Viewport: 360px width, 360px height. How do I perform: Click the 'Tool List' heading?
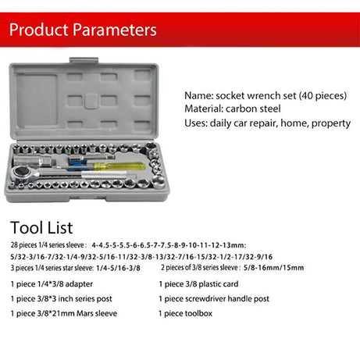click(41, 228)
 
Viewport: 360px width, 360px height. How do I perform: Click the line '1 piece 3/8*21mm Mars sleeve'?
click(64, 313)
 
